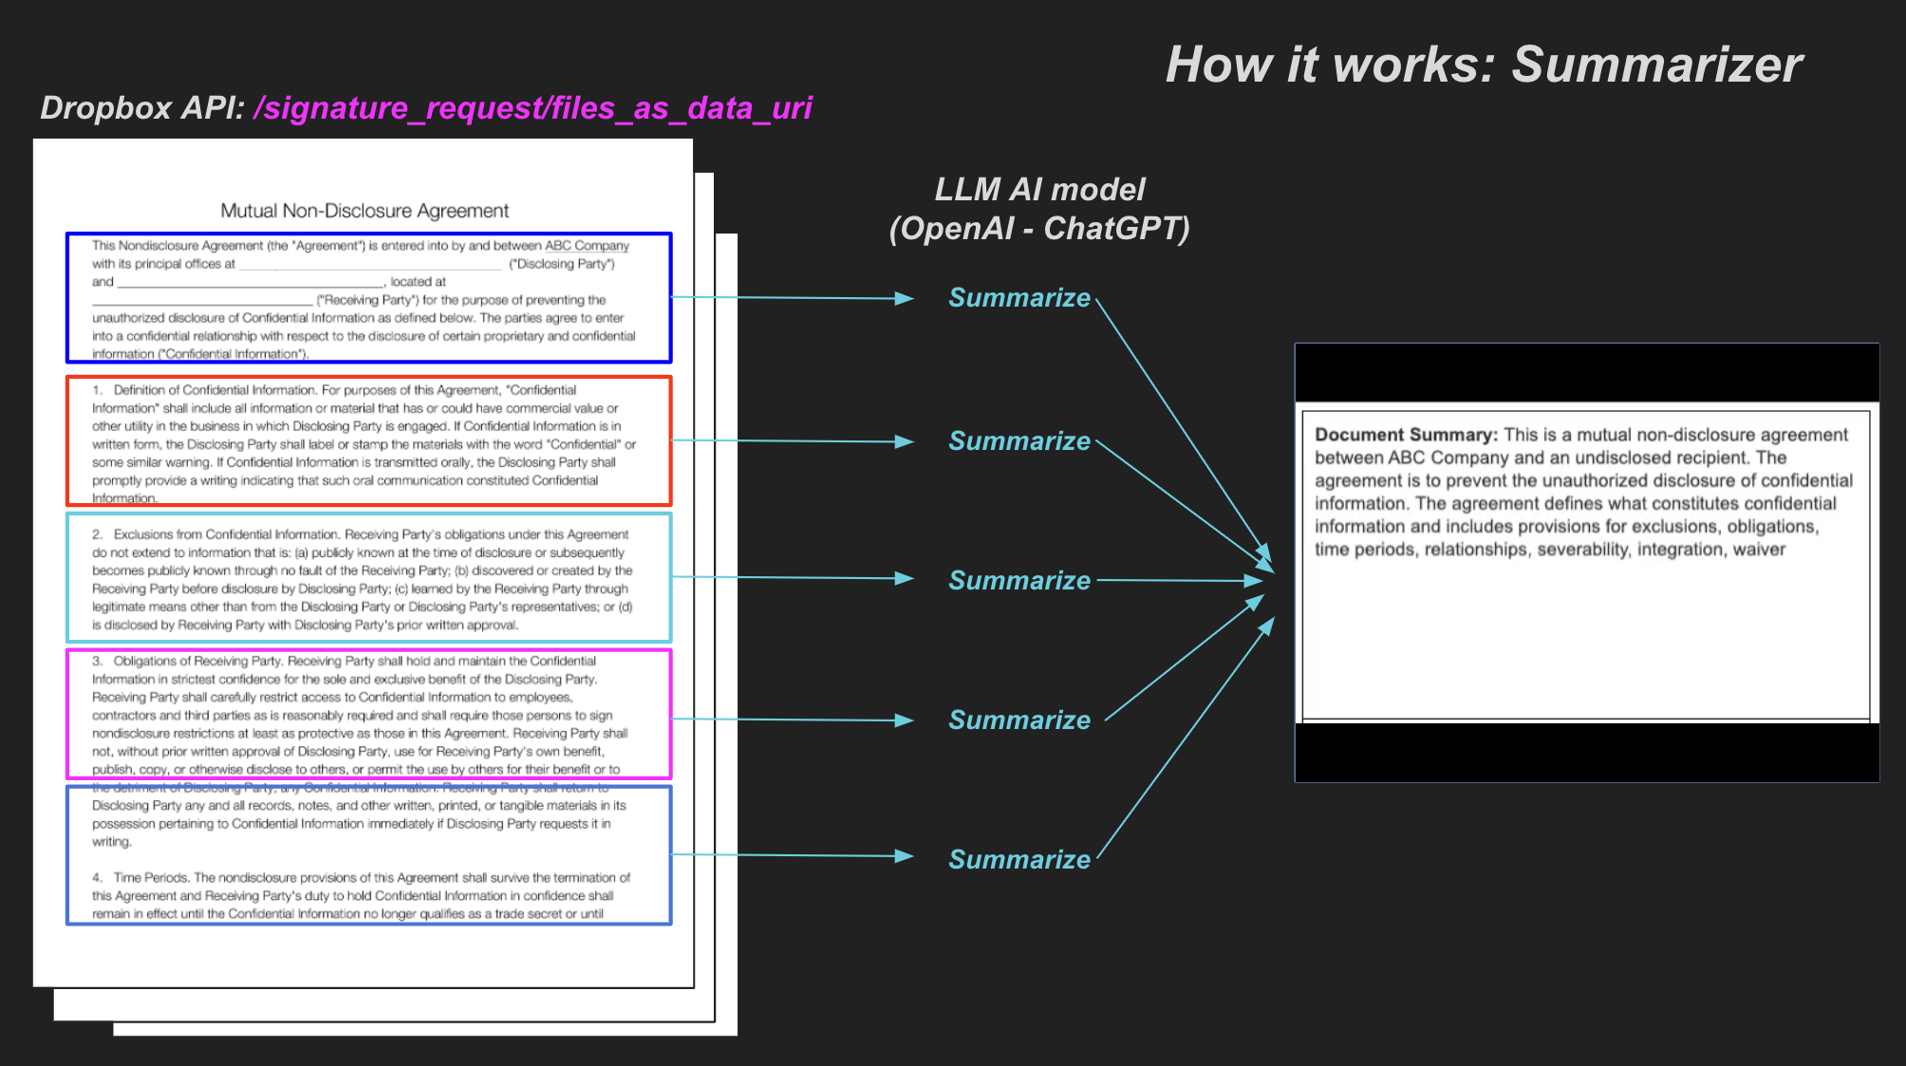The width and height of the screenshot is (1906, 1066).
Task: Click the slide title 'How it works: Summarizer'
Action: pos(1483,65)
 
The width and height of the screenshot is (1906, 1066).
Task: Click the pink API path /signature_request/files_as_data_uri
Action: pos(533,108)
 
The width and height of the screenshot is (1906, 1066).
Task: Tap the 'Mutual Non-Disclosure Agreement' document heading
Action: pos(364,211)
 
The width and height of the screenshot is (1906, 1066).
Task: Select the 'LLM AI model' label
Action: pos(1039,189)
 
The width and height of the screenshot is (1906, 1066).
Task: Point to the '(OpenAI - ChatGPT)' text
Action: pos(1039,229)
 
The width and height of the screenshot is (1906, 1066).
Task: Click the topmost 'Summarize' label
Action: pos(1019,298)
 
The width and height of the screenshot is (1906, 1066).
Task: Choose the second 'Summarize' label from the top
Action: pos(1019,441)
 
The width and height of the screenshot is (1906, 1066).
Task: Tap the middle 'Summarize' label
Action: pos(1019,581)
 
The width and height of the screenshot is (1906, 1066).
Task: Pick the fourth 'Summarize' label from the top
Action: pos(1019,720)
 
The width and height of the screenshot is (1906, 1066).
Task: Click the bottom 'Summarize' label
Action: pos(1019,860)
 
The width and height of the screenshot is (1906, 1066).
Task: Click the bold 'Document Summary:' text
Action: pos(1406,435)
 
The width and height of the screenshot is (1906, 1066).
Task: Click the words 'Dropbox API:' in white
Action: pos(142,108)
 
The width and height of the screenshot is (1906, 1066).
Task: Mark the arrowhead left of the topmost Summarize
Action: pos(904,298)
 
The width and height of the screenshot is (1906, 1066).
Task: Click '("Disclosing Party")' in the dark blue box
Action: pos(562,264)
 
